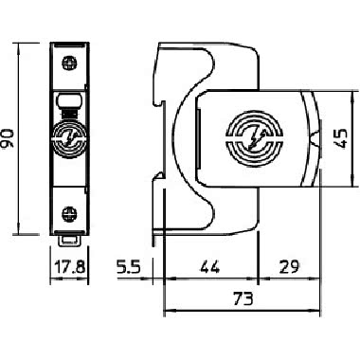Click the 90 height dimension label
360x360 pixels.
click(8, 138)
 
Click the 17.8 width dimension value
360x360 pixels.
click(70, 267)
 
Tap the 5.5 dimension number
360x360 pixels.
click(128, 267)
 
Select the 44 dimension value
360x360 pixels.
click(210, 267)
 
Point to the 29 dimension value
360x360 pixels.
click(289, 267)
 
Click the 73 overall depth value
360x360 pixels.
click(243, 298)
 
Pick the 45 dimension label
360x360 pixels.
click(340, 138)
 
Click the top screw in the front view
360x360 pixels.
click(70, 63)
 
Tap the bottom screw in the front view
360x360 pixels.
click(70, 213)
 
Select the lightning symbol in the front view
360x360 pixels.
click(70, 138)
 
